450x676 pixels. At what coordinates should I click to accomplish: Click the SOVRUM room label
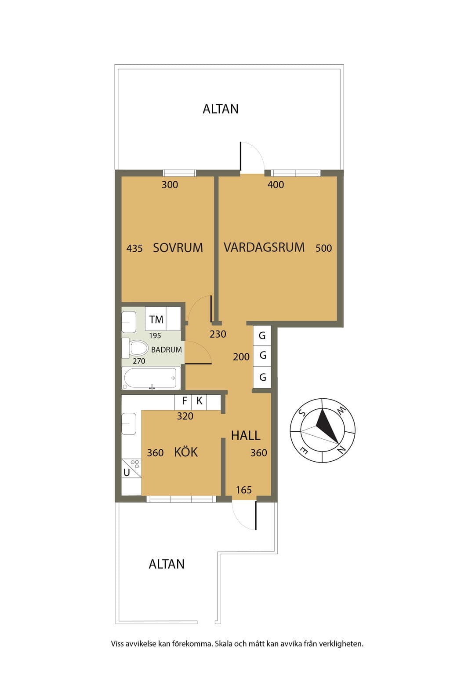[x=178, y=248]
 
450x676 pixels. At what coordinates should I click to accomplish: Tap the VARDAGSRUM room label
[x=264, y=247]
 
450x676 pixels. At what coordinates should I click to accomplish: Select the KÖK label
[x=186, y=452]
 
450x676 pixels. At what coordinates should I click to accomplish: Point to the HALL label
[x=246, y=435]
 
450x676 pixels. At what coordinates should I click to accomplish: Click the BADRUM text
[x=167, y=350]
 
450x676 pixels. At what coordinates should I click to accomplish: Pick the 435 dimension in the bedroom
[x=134, y=248]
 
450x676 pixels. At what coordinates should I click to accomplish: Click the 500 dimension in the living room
[x=323, y=248]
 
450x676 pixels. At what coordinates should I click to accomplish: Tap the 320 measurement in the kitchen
[x=185, y=416]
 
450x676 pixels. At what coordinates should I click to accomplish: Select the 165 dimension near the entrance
[x=243, y=490]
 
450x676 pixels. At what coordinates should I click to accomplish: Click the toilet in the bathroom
[x=138, y=348]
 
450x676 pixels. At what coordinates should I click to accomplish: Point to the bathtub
[x=150, y=378]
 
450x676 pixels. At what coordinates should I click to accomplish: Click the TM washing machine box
[x=156, y=319]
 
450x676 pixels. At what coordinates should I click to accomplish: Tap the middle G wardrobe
[x=262, y=356]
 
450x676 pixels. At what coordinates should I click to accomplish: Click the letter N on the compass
[x=341, y=450]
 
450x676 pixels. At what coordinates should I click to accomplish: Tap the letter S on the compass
[x=301, y=412]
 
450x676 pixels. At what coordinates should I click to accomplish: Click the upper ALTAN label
[x=220, y=109]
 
